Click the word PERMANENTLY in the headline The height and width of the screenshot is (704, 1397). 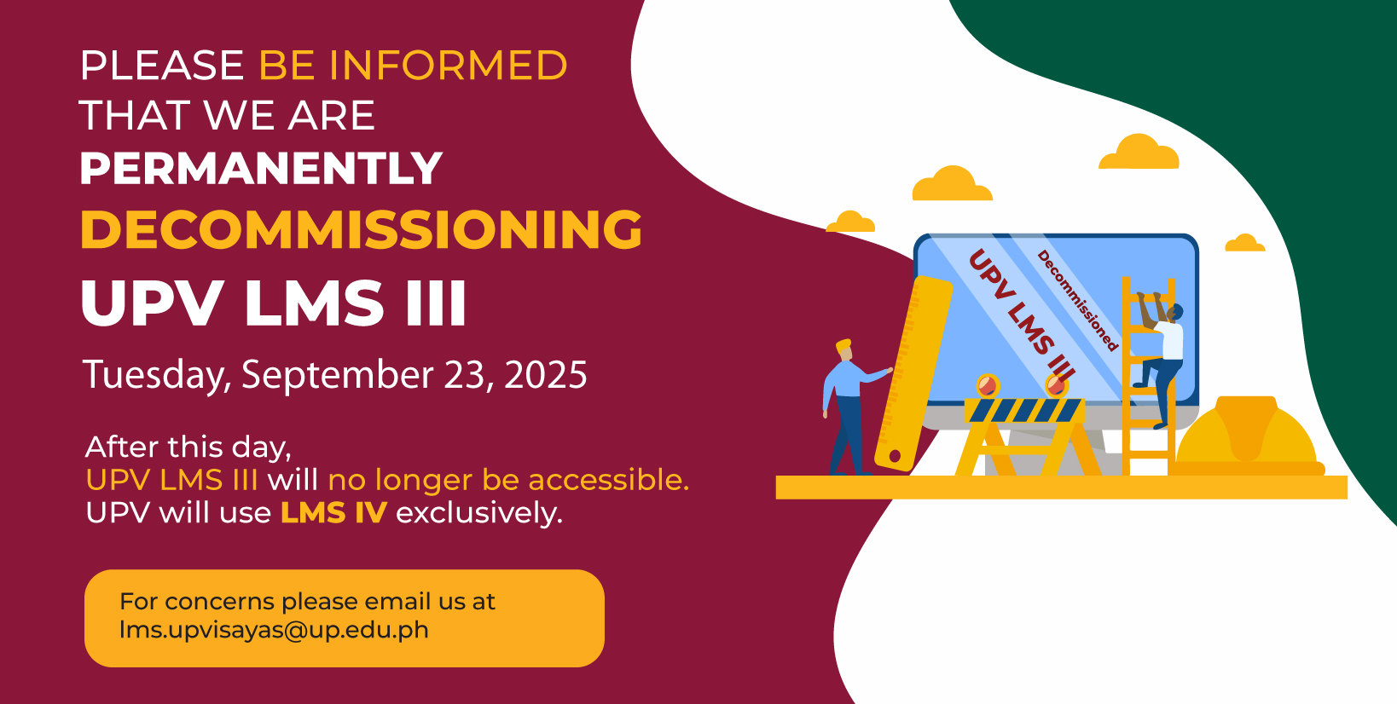point(261,168)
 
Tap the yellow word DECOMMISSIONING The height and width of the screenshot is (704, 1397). point(361,229)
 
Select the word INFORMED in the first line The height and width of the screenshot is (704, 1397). point(448,65)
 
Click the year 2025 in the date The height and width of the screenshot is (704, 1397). point(546,374)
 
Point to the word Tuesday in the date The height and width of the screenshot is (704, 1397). point(157,376)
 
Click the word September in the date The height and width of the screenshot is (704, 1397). point(338,376)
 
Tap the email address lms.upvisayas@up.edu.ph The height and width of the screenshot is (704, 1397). point(274,630)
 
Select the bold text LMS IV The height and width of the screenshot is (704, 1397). point(333,513)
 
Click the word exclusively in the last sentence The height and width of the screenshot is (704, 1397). point(479,514)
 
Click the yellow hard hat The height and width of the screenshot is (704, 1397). point(1247,436)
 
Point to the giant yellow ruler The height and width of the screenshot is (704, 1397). point(913,373)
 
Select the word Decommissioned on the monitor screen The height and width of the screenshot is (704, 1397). point(1078,300)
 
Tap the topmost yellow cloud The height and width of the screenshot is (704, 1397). point(1139,152)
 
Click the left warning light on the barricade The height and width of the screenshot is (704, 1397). point(988,385)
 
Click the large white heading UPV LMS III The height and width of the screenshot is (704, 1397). point(273,303)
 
